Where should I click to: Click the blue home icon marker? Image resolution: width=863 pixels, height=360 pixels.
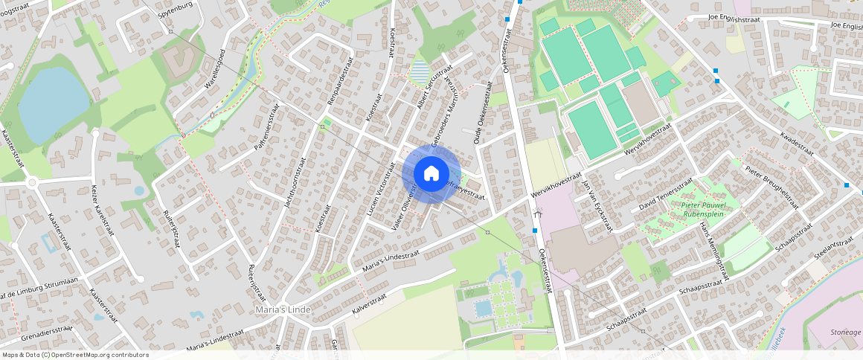431,174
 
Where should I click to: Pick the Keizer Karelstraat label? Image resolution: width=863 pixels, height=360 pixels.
105,211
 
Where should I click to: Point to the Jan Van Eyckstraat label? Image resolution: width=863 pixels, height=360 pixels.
596,202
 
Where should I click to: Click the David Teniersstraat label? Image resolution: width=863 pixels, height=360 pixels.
666,195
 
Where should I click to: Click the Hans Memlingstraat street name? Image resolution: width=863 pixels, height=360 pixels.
709,249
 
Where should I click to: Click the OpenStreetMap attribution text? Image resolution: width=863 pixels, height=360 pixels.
75,355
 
